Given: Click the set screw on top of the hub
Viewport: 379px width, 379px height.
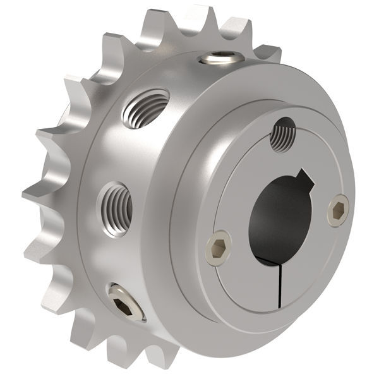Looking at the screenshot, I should [x=220, y=59].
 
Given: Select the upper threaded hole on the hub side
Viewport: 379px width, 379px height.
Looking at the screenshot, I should [x=145, y=108].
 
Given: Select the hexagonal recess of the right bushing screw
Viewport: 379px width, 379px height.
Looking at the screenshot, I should [x=338, y=210].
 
